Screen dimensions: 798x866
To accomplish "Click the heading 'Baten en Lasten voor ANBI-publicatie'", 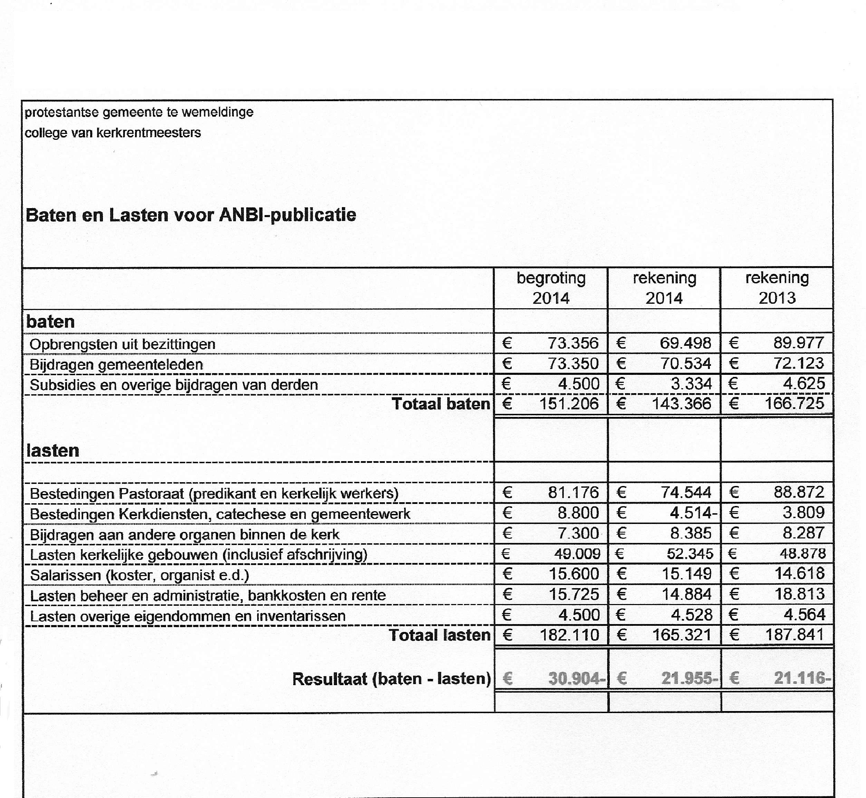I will (x=191, y=215).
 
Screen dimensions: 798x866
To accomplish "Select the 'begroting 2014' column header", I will (x=551, y=288).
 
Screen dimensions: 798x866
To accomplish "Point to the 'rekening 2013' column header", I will (x=777, y=288).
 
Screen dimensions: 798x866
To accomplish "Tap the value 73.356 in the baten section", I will (x=573, y=343).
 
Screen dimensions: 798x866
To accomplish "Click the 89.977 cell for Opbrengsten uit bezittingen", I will (x=799, y=343).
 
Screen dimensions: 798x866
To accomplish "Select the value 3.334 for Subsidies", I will (x=691, y=383).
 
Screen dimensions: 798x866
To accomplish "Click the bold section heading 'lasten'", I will (x=53, y=451).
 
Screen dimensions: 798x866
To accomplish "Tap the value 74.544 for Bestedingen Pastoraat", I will (x=686, y=492).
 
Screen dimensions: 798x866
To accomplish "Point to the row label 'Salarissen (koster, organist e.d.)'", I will (x=139, y=575).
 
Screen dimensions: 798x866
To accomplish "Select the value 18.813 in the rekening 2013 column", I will (x=799, y=594).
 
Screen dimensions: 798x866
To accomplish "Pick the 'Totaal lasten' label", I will (x=439, y=635).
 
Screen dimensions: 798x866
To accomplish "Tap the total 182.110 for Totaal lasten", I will (x=569, y=635).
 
